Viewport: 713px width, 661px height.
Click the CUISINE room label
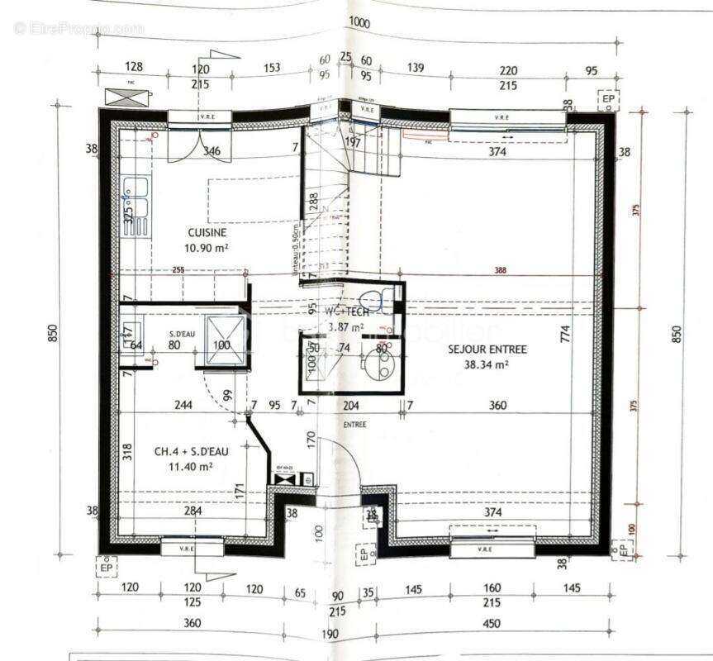207,233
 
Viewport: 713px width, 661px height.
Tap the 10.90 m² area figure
207,247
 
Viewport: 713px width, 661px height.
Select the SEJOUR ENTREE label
487,350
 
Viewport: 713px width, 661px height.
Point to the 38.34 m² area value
487,364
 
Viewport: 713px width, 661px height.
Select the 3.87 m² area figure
347,327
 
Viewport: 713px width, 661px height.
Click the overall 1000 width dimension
359,22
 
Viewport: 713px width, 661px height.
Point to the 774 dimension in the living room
565,334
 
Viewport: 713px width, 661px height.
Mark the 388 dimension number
501,270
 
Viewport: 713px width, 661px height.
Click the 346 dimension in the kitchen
212,151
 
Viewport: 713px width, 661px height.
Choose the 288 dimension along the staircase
314,202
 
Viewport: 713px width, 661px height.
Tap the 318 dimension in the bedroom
127,451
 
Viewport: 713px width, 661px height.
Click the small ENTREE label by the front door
355,425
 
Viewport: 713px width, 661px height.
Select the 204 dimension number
350,406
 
